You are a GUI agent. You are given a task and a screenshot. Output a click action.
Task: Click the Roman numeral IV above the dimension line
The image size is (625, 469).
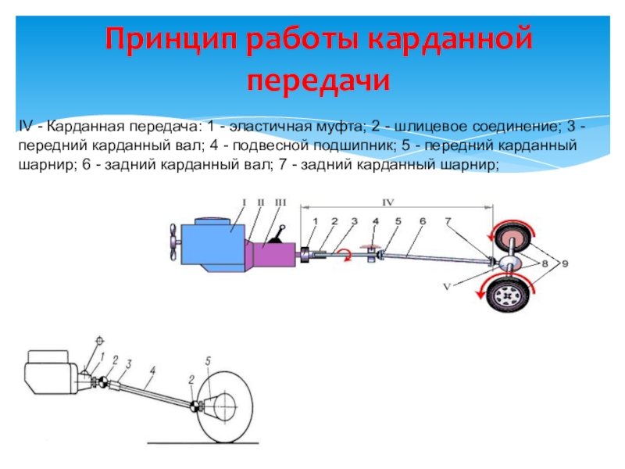click(x=388, y=202)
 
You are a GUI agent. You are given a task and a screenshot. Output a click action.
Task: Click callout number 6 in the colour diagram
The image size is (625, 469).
click(x=422, y=222)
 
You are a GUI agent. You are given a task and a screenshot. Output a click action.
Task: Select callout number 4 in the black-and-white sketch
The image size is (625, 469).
click(x=154, y=369)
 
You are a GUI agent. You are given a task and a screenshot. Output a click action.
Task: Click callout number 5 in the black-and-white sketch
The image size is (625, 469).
click(x=208, y=360)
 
